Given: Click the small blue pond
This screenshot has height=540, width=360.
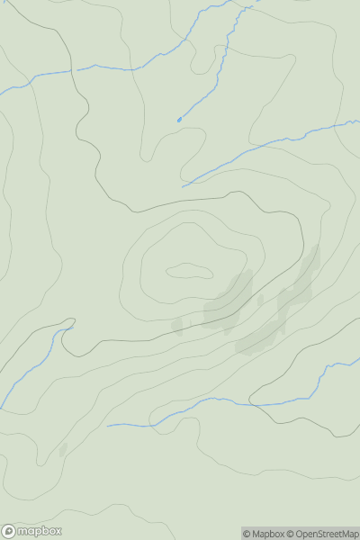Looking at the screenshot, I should point(179,119).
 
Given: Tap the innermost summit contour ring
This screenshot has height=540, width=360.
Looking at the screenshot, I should point(189,270).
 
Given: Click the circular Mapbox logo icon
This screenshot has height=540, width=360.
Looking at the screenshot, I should point(9,531).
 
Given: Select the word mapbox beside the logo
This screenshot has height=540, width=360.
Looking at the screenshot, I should point(38,531).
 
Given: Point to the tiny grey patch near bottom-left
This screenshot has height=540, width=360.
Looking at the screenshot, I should point(62,449).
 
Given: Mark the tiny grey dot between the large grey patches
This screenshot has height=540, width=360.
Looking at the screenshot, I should point(261,300).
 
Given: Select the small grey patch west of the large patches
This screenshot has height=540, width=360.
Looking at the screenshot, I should point(177,326).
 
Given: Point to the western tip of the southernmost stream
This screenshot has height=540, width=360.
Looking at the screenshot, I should point(108,425).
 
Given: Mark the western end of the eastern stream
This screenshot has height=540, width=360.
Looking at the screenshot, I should point(183,186).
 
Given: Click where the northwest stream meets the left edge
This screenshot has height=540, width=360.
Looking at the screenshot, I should point(1,89).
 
